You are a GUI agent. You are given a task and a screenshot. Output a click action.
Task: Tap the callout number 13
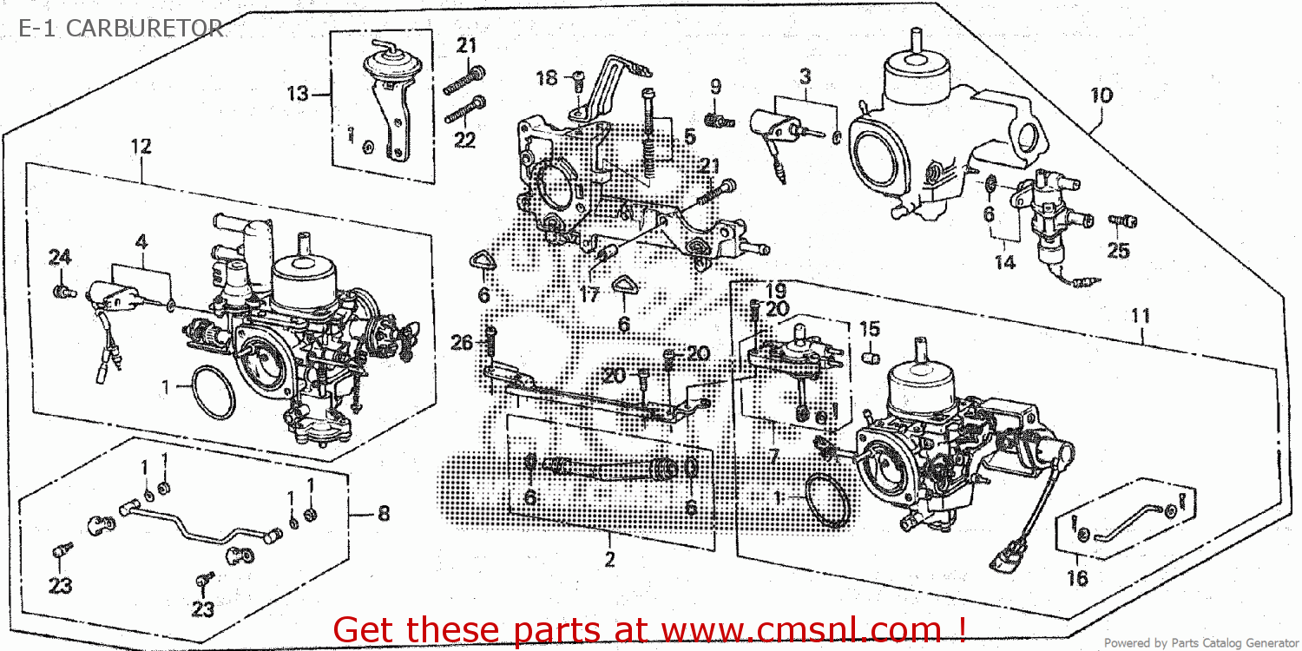point(298,93)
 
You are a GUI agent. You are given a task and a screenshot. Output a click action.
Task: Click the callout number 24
point(59,257)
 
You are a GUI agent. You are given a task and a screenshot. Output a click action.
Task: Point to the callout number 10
point(1101,95)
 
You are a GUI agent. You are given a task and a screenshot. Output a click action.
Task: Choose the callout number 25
point(1118,251)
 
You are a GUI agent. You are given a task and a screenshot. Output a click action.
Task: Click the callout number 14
point(1004,262)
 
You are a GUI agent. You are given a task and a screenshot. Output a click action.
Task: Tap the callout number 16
point(1077,579)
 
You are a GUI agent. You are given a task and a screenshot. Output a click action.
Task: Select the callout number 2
point(609,560)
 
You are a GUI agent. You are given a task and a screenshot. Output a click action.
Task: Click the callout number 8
point(383,514)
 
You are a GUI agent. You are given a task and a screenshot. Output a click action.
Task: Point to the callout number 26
point(462,344)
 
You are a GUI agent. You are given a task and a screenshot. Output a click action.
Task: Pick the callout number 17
point(589,296)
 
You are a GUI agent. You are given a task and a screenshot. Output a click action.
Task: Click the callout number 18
point(546,78)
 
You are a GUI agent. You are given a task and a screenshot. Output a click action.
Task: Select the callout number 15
point(869,329)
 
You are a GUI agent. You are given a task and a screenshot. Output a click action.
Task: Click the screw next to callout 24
point(61,290)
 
